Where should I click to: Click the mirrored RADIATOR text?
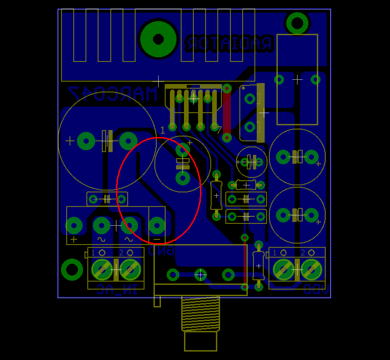tap(229, 44)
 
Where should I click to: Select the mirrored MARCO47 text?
tap(113, 94)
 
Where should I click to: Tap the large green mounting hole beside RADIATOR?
tap(158, 39)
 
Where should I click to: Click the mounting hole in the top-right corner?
tap(297, 22)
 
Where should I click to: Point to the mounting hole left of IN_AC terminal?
tap(72, 269)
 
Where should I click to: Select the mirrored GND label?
tap(161, 251)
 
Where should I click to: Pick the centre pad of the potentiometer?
tap(200, 274)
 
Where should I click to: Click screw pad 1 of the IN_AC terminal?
tap(102, 269)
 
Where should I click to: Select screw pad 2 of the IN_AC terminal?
tap(130, 269)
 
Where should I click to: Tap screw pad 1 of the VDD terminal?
tap(283, 269)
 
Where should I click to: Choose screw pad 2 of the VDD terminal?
tap(311, 269)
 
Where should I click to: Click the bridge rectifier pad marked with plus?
tap(74, 226)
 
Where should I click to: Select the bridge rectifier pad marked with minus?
tap(157, 226)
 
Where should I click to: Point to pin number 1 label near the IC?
tap(163, 130)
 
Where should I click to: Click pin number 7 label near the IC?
tap(219, 130)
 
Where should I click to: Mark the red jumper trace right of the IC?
tap(227, 113)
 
